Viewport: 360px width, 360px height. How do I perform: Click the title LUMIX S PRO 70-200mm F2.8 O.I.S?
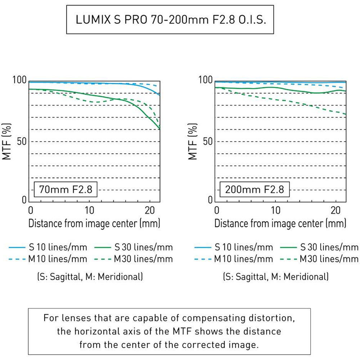tap(171, 19)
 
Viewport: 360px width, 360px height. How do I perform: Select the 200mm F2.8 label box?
tap(254, 189)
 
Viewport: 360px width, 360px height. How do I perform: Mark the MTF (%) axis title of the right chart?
tap(193, 141)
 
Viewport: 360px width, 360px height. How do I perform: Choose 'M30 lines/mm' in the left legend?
tap(143, 259)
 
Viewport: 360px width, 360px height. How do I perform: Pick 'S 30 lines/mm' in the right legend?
tap(329, 247)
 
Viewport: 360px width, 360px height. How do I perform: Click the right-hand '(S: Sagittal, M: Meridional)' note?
tap(275, 276)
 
